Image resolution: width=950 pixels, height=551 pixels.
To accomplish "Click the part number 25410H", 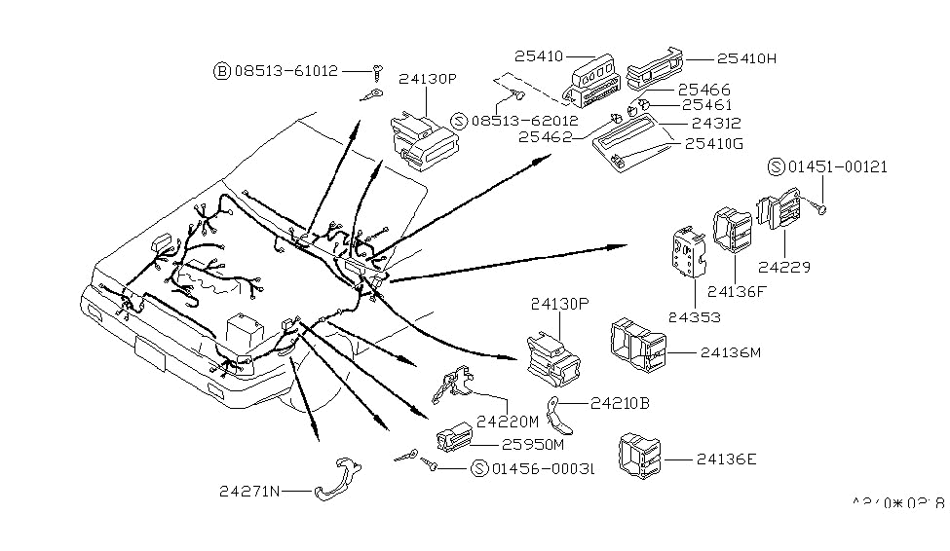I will [748, 57].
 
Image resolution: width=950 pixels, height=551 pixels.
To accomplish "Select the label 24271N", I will [250, 492].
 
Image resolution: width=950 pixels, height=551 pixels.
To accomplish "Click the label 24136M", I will [730, 352].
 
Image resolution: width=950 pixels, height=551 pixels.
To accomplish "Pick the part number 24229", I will [784, 266].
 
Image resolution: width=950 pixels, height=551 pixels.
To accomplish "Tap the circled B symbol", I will [221, 70].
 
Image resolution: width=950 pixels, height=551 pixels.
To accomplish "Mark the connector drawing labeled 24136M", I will [639, 345].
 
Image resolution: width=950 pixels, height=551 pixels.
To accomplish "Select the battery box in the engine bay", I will [244, 331].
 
